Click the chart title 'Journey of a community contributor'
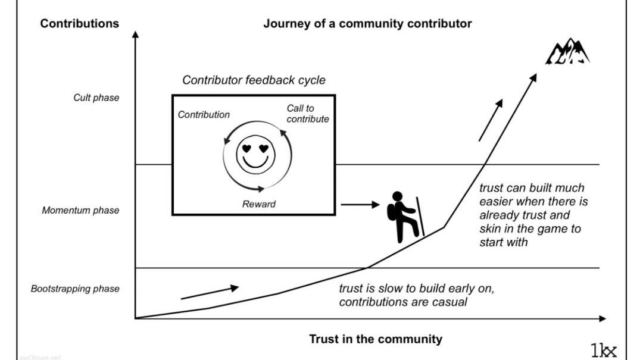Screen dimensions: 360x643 (367, 24)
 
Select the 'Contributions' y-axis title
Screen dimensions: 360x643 (79, 24)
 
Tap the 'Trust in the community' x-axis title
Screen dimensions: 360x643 (376, 339)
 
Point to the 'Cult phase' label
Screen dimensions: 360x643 (96, 98)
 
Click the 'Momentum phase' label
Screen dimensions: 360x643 (80, 210)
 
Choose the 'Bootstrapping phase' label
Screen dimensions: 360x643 (75, 289)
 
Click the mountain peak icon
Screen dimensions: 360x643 (567, 52)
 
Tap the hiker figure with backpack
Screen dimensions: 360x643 (402, 217)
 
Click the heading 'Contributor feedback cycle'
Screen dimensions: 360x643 (254, 80)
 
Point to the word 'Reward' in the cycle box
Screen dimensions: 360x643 (259, 204)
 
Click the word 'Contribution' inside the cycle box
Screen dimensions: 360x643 (204, 115)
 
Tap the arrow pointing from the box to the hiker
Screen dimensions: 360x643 (360, 205)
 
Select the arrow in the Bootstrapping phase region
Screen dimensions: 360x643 (209, 292)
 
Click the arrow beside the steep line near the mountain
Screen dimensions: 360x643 (491, 120)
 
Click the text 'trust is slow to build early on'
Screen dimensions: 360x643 (417, 289)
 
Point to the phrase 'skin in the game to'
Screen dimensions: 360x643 (530, 229)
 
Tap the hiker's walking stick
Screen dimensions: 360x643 (420, 217)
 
